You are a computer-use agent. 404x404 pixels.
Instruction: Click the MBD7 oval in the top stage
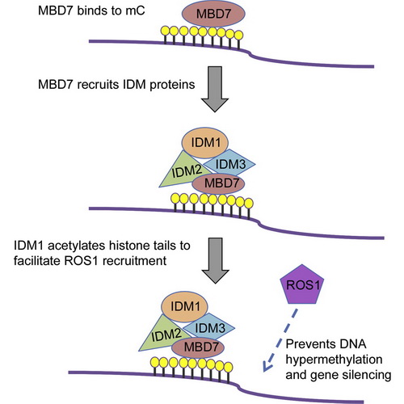tap(213, 14)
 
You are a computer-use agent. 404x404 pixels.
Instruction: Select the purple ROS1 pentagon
tap(302, 284)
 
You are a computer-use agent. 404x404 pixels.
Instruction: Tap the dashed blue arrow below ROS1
tap(280, 341)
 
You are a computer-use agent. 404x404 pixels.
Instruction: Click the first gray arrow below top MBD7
tap(215, 89)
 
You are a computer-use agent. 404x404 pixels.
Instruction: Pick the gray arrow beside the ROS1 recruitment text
tap(216, 260)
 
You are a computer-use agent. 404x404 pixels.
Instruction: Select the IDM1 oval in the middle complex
tap(205, 143)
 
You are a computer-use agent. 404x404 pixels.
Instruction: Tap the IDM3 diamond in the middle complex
tap(229, 163)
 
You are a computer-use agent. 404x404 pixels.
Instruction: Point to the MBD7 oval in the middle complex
tap(218, 183)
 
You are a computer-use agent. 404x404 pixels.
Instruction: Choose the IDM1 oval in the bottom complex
tap(185, 306)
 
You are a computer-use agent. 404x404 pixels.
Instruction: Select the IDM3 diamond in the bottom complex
tap(209, 327)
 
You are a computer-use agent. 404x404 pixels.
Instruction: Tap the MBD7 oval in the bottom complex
tap(198, 347)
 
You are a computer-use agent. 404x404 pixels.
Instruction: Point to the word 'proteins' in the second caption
tap(172, 85)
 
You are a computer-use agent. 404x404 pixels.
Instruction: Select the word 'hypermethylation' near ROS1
tap(334, 360)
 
